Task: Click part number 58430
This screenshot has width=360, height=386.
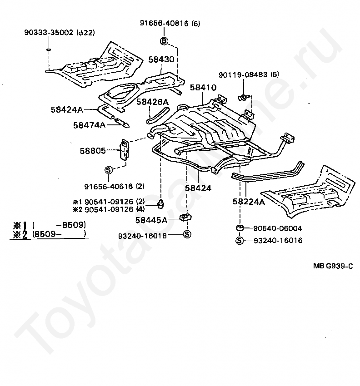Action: tap(161, 59)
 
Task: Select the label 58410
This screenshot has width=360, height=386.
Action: tap(203, 87)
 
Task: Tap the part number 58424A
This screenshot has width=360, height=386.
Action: tap(67, 109)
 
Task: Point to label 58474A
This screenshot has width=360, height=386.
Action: tap(89, 125)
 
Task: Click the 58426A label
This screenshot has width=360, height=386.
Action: tap(153, 102)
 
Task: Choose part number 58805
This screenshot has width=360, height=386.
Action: tap(93, 151)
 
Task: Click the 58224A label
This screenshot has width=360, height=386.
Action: tap(249, 202)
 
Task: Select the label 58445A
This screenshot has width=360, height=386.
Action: tap(151, 220)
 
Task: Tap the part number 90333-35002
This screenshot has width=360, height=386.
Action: tap(49, 33)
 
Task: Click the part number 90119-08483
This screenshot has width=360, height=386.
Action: tap(243, 74)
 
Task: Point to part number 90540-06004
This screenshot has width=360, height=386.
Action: tap(278, 228)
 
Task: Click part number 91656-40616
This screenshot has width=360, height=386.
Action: tap(109, 186)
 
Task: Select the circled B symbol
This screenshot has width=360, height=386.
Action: tap(164, 41)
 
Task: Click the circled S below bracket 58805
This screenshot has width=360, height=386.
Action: tap(109, 170)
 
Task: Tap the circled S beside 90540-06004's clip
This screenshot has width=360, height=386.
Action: tap(239, 241)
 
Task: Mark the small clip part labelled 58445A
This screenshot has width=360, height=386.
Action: tap(186, 218)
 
